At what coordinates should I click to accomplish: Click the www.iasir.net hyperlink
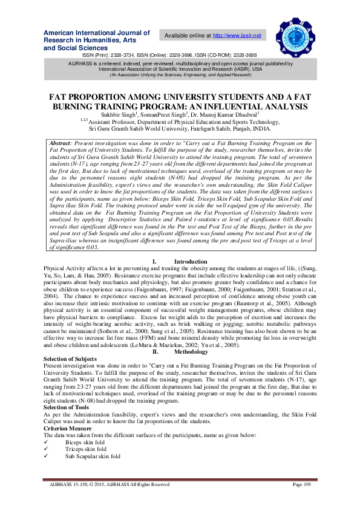(237, 36)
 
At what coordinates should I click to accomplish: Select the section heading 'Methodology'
(191, 351)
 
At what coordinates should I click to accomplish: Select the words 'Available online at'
(188, 36)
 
